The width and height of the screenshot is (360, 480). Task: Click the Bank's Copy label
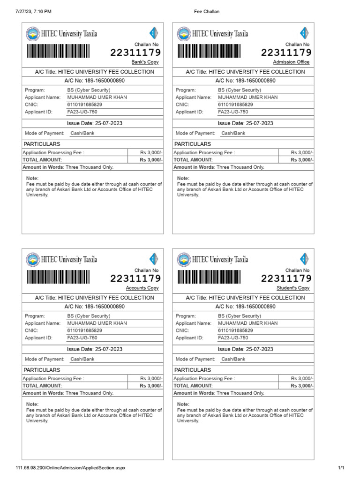point(145,62)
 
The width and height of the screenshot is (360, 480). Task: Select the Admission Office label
point(291,62)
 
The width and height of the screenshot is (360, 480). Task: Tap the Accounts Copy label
point(142,288)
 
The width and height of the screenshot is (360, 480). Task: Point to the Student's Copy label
point(293,288)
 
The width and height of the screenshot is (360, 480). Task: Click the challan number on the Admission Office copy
point(286,52)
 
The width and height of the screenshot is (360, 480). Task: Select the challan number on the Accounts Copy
point(135,278)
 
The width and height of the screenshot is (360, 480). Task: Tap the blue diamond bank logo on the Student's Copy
point(304,259)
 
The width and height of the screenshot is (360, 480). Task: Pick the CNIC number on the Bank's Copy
point(84,105)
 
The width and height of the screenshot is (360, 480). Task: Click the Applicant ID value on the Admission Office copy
point(233,112)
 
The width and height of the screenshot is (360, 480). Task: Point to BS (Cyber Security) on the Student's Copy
point(240,316)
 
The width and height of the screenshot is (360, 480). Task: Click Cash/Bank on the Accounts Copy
point(82,359)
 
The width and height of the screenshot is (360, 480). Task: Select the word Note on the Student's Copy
point(183,404)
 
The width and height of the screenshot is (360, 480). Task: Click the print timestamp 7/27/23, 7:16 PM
point(34,11)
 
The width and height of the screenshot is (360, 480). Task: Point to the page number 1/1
point(341,468)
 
